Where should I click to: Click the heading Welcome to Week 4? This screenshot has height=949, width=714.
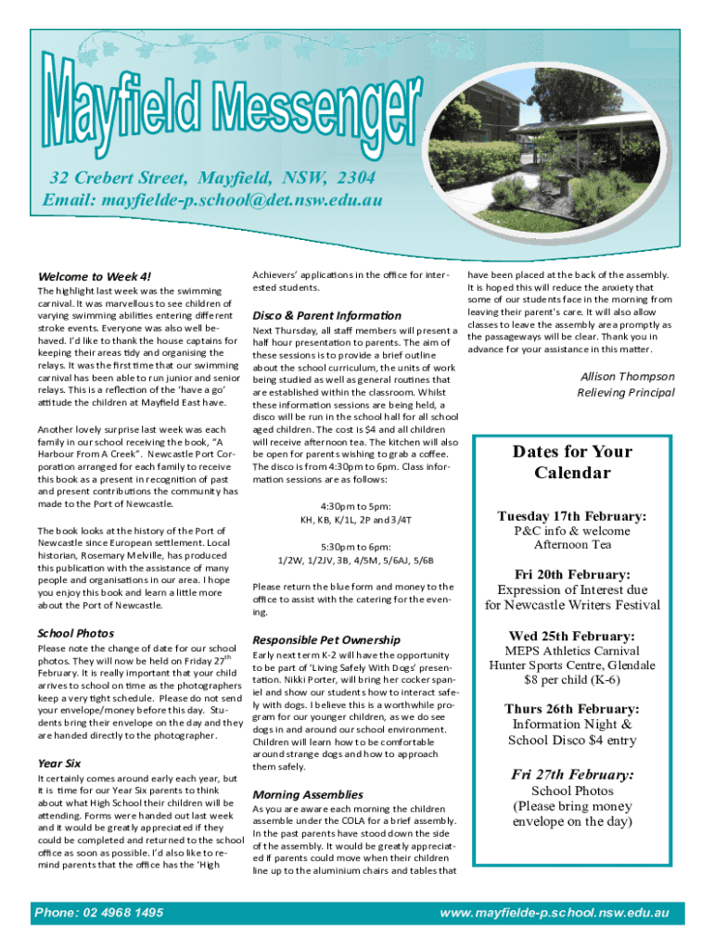94,276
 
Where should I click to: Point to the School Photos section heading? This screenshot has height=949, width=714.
76,633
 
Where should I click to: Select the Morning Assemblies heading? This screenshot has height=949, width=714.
308,794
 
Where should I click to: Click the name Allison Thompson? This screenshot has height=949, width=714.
627,376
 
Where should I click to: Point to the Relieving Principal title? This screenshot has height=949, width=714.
625,393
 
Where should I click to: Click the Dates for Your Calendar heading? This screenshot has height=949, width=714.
572,462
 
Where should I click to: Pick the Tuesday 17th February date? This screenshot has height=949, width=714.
572,516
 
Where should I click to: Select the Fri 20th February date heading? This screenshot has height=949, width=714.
572,575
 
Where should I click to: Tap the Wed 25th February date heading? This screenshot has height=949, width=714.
572,636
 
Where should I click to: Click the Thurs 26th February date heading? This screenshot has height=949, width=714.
572,709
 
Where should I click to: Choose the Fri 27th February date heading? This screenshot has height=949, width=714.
572,774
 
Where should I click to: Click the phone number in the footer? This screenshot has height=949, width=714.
99,913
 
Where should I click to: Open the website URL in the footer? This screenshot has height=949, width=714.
555,913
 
